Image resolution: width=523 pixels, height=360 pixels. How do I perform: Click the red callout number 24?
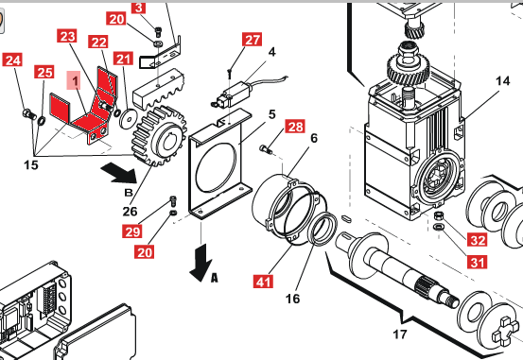(12, 60)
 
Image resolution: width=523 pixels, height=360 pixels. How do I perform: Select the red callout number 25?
(44, 72)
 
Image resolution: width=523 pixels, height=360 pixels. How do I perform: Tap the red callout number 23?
(67, 36)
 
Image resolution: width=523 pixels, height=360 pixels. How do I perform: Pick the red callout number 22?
(98, 42)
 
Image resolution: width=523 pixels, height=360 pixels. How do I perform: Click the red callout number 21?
(123, 59)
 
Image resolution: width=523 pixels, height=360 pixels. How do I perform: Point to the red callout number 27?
(253, 40)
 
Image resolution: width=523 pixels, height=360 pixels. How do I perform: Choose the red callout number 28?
(295, 127)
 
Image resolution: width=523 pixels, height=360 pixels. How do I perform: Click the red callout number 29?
(132, 231)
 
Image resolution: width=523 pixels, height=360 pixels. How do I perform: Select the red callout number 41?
(264, 282)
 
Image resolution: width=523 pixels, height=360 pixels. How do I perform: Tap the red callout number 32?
(477, 240)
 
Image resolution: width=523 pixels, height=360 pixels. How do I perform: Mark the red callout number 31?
(477, 262)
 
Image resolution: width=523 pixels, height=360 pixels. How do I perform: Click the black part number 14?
(502, 80)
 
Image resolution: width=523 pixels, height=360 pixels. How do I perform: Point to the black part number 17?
(400, 334)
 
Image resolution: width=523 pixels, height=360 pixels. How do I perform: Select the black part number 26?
(130, 211)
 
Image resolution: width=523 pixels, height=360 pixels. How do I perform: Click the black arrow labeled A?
(201, 263)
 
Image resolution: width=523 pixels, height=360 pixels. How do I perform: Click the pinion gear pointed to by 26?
(159, 135)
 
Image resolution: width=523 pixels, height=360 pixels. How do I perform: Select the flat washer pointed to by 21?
(129, 118)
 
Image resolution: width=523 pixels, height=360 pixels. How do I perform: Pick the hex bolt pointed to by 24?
(29, 114)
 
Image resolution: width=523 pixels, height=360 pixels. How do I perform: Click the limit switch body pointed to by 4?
(235, 94)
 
